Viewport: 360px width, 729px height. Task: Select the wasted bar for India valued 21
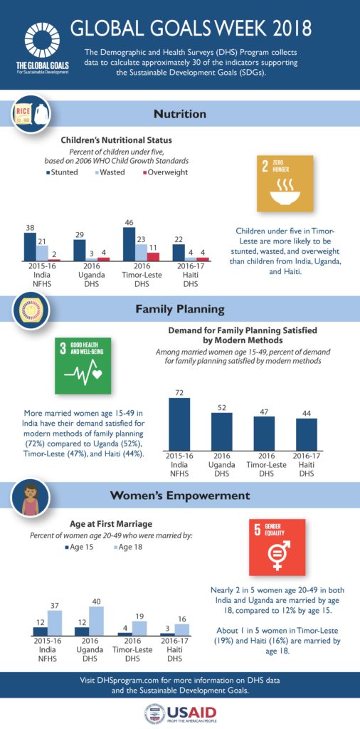[42, 252]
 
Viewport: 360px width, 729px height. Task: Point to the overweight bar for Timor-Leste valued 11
[153, 256]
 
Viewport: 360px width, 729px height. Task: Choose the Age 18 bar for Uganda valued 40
[96, 620]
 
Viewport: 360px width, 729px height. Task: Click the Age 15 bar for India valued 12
[40, 631]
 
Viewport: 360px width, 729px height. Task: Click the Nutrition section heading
[180, 113]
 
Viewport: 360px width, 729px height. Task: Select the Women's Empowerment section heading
[180, 495]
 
